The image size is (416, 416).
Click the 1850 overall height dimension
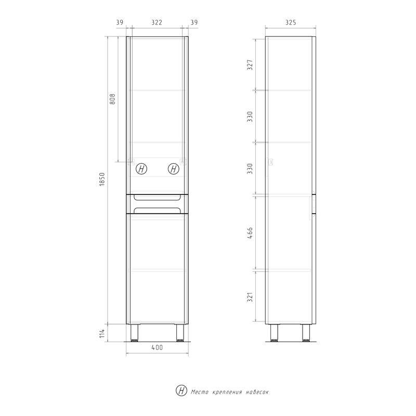pos(102,180)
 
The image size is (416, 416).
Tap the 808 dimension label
pos(112,99)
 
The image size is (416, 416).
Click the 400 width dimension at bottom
pos(157,347)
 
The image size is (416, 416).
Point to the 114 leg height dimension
pos(102,332)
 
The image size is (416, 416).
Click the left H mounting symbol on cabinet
pos(141,169)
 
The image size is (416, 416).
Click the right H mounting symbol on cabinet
pos(174,169)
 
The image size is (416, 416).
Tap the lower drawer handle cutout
pos(157,210)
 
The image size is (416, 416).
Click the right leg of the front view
pos(180,333)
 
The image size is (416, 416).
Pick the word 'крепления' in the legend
pos(225,392)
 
